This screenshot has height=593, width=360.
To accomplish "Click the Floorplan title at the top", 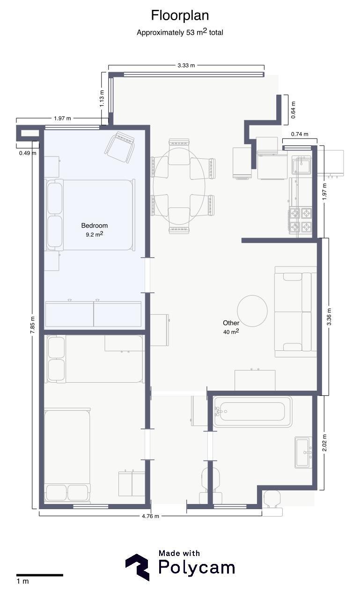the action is coord(180,15).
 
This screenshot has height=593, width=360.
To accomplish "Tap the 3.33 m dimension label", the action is coord(186,65).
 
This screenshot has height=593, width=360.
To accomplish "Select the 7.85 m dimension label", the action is coord(32,325).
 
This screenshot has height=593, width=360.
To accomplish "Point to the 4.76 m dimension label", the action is coord(150,516).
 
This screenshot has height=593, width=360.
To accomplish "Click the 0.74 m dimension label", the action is coord(300,134).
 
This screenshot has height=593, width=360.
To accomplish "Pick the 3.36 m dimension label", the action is coord(329,317).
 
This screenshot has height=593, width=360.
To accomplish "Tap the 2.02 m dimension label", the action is coord(324,443).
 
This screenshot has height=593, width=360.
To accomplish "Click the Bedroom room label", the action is coord(95,226).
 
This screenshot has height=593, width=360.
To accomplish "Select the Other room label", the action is coord(231,323).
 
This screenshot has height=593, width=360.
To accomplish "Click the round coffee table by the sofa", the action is coord(252,311).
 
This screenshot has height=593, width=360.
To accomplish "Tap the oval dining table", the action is coord(179,186).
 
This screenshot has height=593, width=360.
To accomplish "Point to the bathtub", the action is coord(253,412).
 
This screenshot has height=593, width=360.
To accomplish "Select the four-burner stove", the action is coord(301,220).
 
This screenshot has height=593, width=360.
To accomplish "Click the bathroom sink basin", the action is coord(303,452).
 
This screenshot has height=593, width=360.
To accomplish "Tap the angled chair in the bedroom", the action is coord(119,147).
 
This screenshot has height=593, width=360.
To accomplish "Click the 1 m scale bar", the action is coord(40,575).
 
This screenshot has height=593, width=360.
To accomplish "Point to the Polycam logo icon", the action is coord(137,567).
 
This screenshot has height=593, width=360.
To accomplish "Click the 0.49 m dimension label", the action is coord(28,153).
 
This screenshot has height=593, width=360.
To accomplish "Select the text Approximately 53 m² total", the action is coord(180,32).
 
